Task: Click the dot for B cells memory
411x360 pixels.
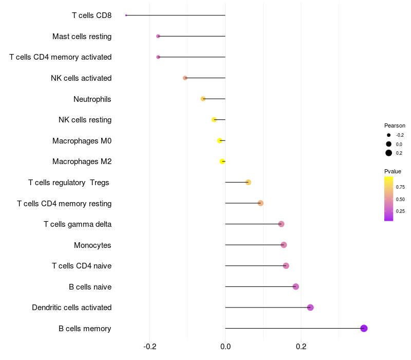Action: coord(364,328)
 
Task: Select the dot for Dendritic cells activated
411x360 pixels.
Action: coord(310,308)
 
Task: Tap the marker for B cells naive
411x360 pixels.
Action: coord(295,286)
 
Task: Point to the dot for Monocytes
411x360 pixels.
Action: coord(284,245)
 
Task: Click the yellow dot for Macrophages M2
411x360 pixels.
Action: coord(222,161)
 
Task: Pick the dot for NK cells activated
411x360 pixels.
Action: coord(185,78)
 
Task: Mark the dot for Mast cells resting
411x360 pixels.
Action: coord(158,36)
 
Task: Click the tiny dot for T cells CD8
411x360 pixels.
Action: coord(126,15)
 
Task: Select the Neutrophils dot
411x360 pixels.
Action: coord(203,99)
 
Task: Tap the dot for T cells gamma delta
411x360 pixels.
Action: coord(281,224)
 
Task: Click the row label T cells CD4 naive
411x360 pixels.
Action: coord(82,266)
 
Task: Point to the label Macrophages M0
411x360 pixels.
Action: coord(82,140)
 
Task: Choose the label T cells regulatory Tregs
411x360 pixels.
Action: coord(69,183)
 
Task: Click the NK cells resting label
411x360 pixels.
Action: coord(85,120)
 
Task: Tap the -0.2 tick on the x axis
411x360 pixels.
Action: coord(150,347)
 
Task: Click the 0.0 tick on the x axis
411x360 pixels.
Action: coord(226,347)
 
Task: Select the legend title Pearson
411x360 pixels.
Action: coord(395,125)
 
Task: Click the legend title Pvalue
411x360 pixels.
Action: coord(393,171)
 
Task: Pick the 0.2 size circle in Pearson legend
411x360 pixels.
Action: coord(389,153)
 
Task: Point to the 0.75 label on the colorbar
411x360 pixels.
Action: coord(400,187)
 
